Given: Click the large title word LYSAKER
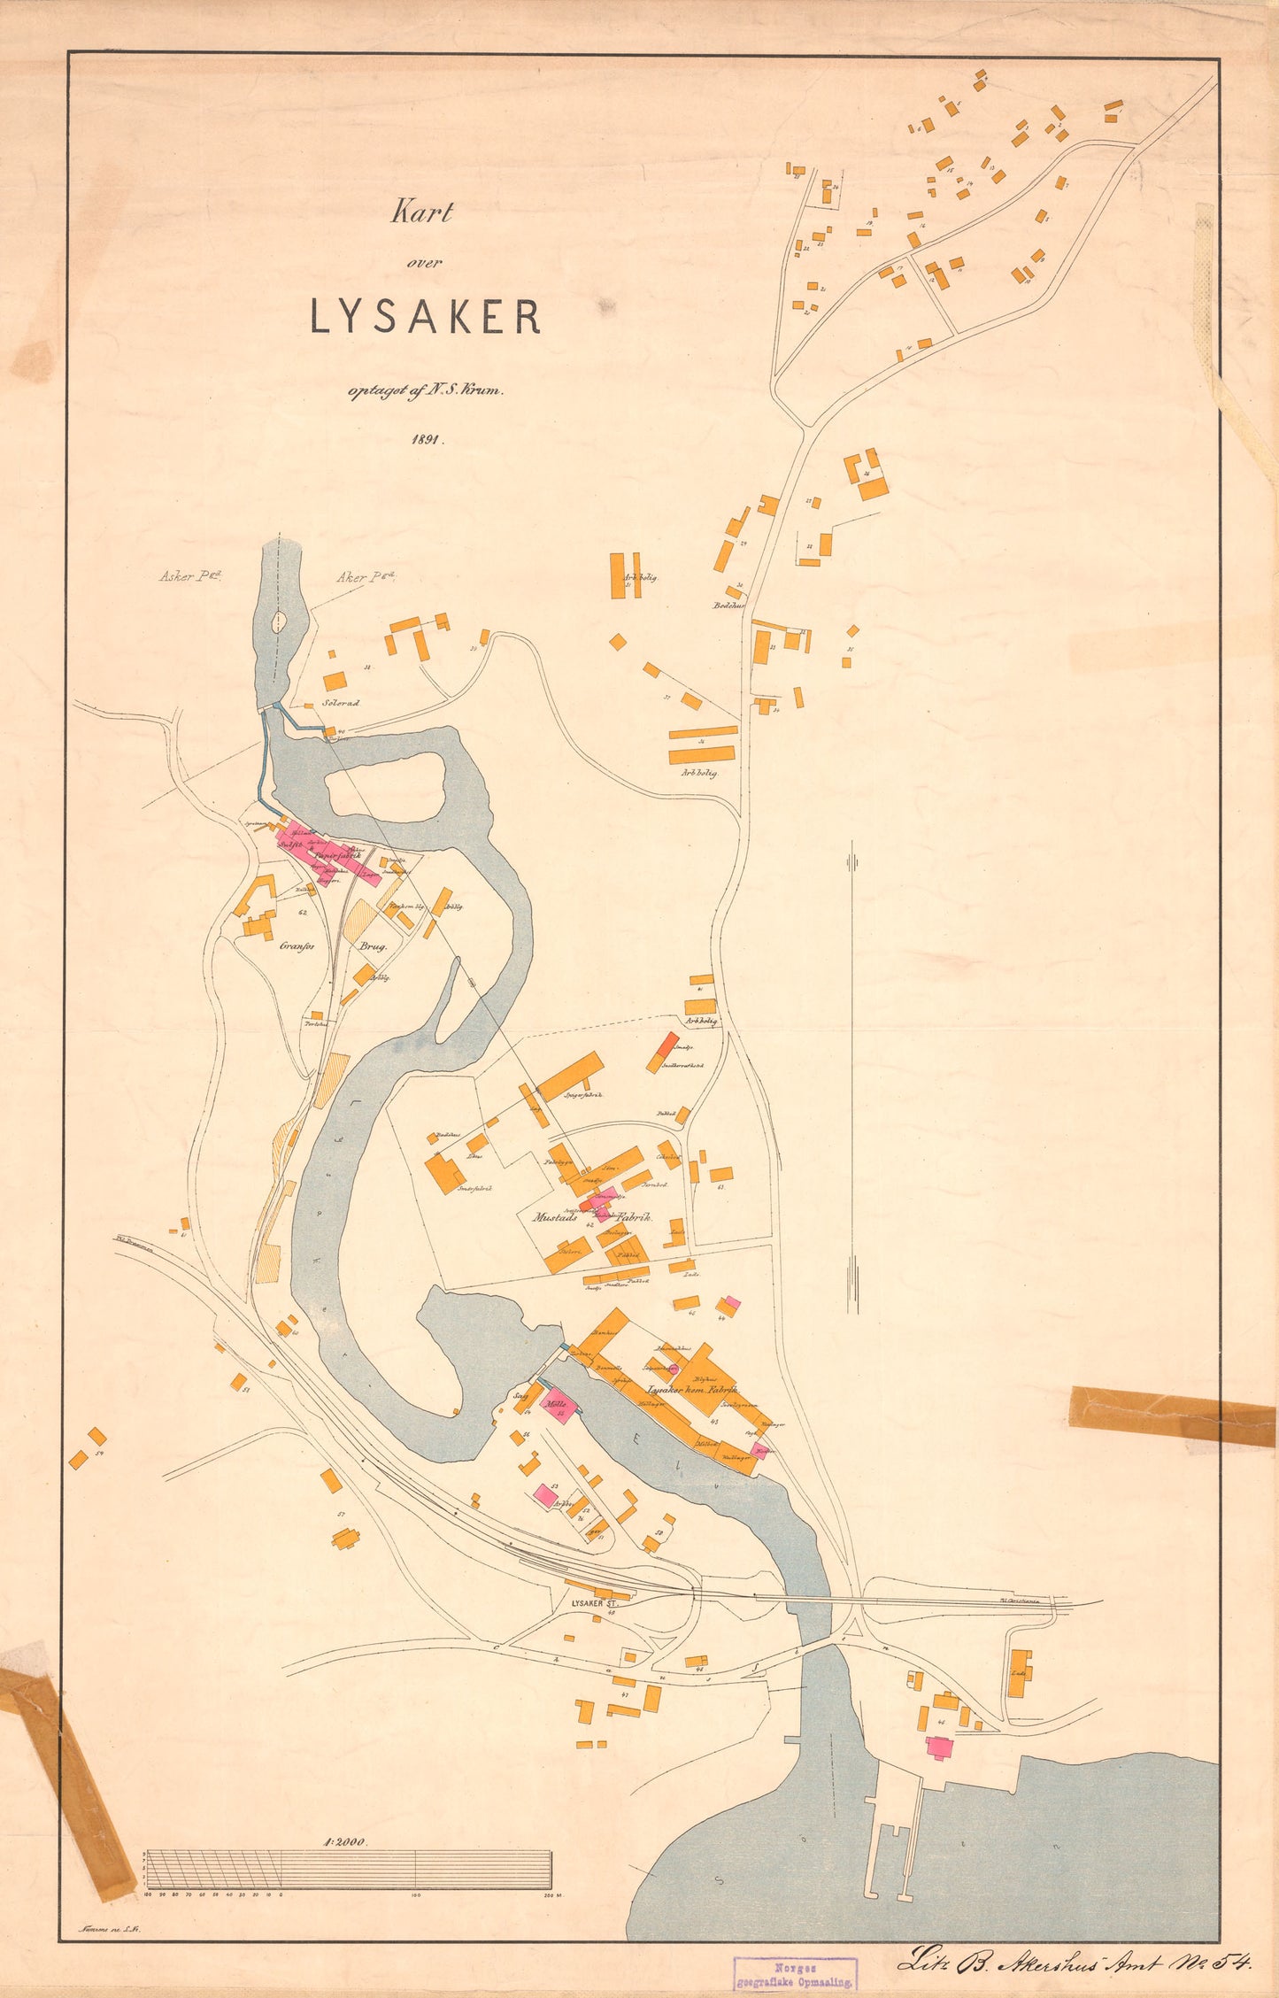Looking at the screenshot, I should pos(425,316).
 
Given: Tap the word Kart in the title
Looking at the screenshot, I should pos(423,213).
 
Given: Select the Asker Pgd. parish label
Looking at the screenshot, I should pos(190,577).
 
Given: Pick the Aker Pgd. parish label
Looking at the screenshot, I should pos(365,577).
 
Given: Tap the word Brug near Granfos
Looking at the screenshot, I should pos(373,945).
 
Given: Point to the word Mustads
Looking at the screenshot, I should pos(555,1217).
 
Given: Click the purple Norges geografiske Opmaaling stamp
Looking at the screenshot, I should pos(794,1973).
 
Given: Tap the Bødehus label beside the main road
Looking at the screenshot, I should pos(729,606).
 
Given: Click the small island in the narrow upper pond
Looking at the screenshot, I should pos(279,621).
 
